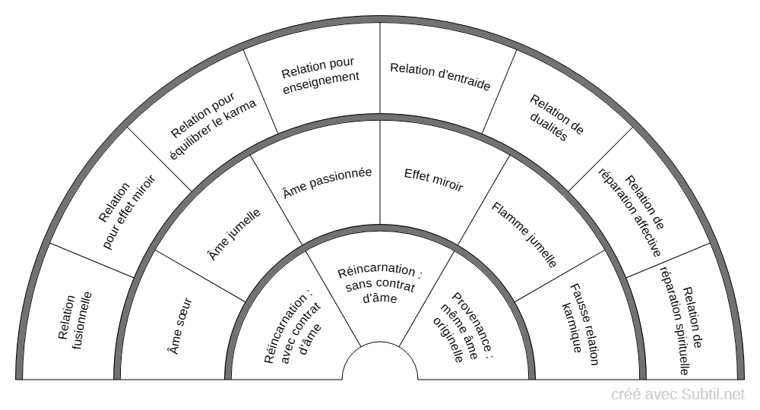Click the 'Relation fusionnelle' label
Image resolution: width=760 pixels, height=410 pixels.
[74, 320]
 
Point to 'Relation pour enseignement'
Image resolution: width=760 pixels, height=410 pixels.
[320, 76]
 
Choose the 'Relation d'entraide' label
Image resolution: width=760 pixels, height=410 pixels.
[440, 77]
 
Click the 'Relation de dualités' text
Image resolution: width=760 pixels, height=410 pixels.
[556, 118]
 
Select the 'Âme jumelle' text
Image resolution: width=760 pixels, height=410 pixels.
[234, 235]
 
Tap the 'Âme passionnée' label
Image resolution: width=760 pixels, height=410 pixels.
[327, 182]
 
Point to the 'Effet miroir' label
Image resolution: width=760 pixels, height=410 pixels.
[433, 180]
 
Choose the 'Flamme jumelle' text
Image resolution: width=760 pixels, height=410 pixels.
[525, 235]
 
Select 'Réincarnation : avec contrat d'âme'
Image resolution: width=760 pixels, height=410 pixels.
[293, 327]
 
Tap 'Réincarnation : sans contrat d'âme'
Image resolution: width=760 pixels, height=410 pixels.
[380, 284]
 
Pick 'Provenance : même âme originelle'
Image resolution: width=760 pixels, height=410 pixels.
[462, 328]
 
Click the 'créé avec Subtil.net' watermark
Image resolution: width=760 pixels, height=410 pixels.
[678, 395]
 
